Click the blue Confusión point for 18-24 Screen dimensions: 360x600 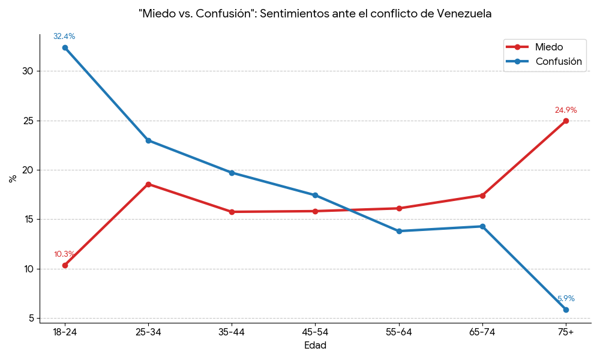pos(65,47)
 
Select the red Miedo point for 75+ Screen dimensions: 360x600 pos(566,121)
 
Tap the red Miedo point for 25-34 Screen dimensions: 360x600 pos(148,184)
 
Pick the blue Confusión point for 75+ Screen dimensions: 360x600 pos(566,310)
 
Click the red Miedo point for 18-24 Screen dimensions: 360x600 pos(65,265)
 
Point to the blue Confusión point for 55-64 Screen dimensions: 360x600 pos(399,231)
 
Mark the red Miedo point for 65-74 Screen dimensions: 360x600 pos(482,195)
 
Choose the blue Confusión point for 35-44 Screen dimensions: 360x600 pos(232,173)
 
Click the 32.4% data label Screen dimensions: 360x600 pos(64,37)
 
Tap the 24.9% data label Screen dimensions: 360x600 pos(566,110)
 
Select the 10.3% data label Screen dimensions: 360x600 pos(64,254)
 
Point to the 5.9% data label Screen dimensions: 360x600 pos(566,299)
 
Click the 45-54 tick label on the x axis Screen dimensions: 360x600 pos(315,332)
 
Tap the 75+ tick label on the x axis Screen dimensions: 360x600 pos(566,332)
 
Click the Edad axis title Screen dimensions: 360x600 pos(315,346)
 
